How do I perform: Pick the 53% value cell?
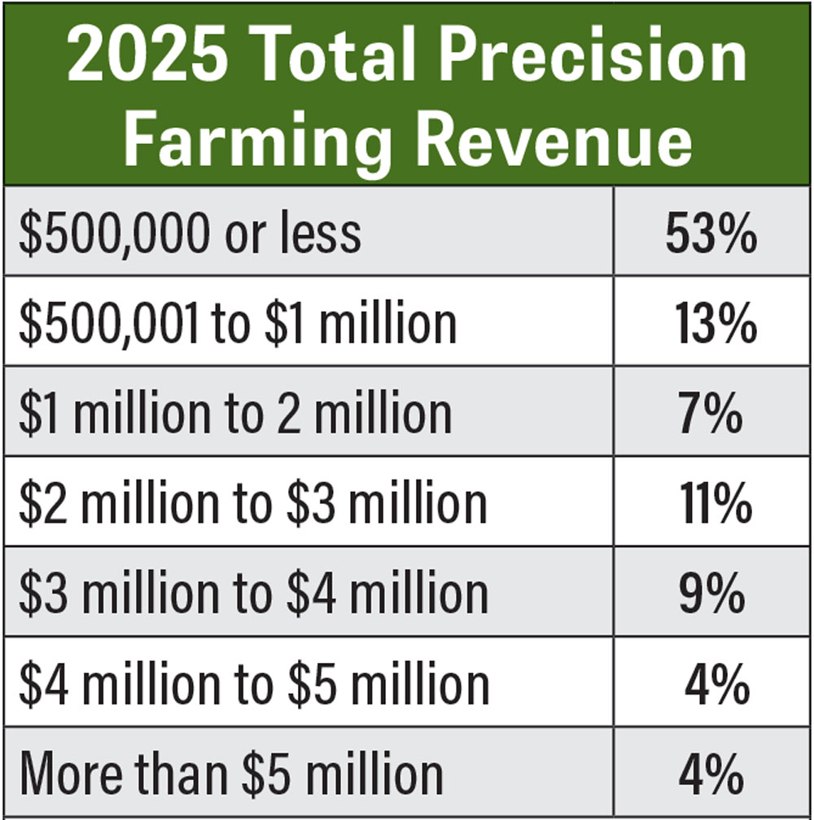[x=711, y=234]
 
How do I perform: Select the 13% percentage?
[x=716, y=323]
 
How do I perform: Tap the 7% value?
[x=711, y=413]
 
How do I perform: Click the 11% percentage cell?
[x=715, y=503]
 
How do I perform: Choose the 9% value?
[x=711, y=594]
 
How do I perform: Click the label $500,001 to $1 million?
[x=237, y=323]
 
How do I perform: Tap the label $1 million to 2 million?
[x=234, y=413]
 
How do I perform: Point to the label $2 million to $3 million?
[x=253, y=503]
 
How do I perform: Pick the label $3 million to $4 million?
[x=253, y=594]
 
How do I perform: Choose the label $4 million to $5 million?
[x=254, y=684]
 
